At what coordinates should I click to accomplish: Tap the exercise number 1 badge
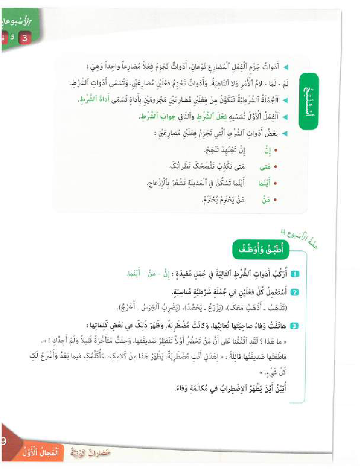pos(294,273)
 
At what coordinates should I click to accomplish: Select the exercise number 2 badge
pos(294,292)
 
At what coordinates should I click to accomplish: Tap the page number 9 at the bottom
pos(3,441)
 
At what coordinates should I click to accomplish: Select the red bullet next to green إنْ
pos(275,151)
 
